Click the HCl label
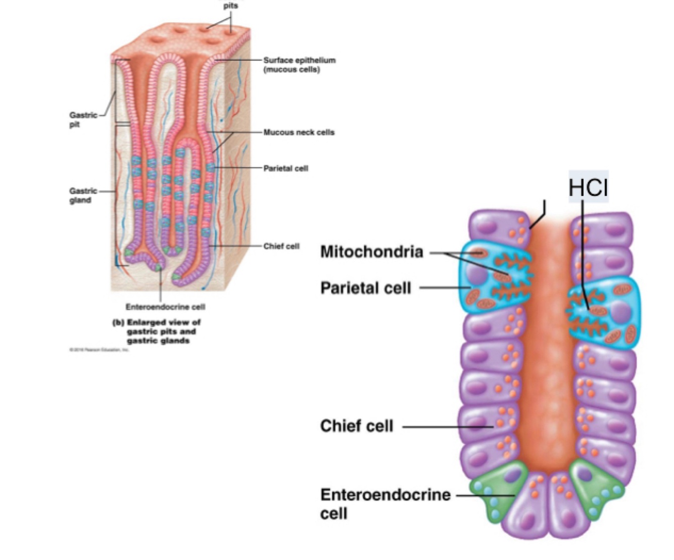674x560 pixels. tap(588, 187)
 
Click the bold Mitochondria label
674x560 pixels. tap(371, 252)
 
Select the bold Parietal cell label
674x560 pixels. tap(366, 288)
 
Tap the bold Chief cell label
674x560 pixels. tap(356, 426)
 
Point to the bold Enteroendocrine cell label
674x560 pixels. tap(385, 503)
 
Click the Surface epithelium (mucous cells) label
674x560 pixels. tap(299, 64)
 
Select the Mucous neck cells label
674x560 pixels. tap(299, 132)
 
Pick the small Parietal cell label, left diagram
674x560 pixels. tap(285, 168)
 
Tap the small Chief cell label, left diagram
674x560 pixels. tap(281, 246)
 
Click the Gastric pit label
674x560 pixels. tap(83, 119)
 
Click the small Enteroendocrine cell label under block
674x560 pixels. tap(165, 307)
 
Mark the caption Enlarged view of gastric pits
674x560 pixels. tap(157, 331)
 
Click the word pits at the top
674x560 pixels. tap(230, 6)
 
